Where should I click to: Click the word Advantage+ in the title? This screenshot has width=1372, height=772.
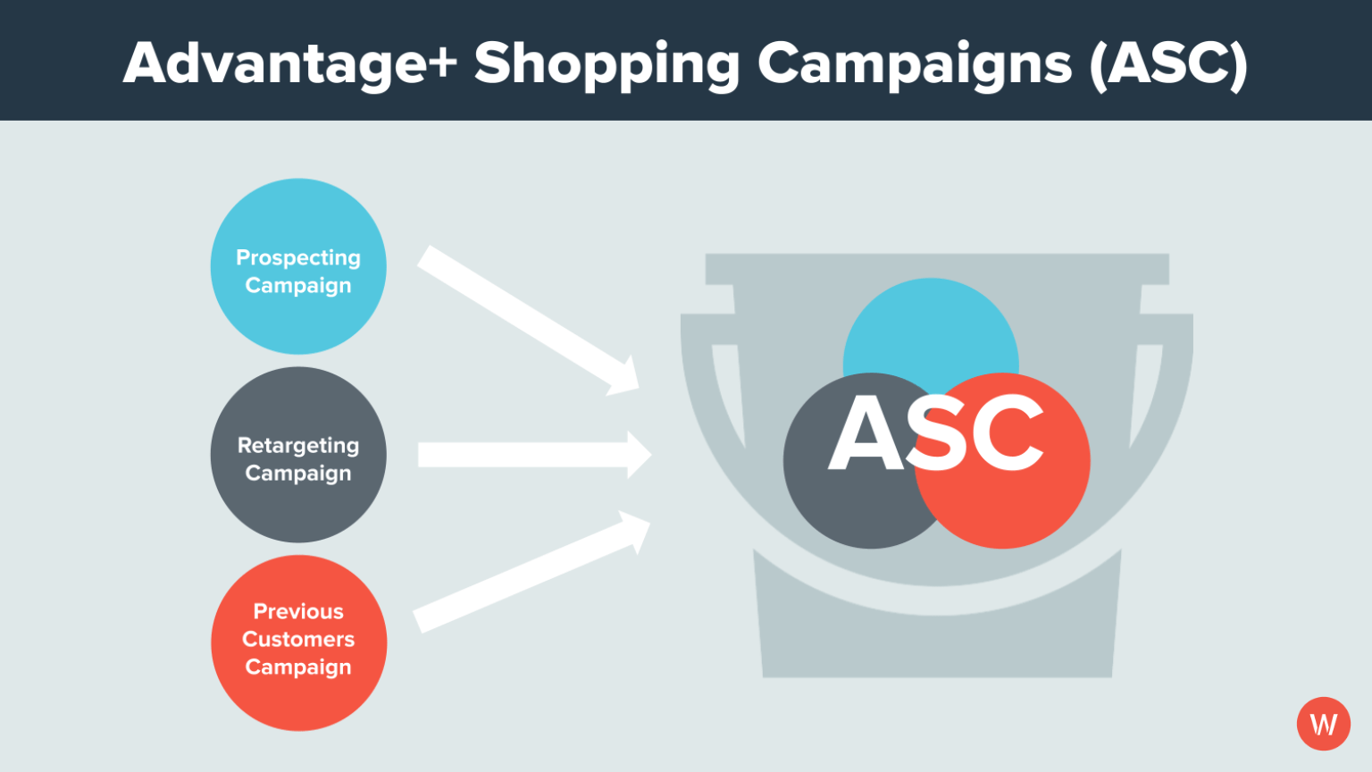point(289,64)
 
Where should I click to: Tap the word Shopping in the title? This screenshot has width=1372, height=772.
point(607,64)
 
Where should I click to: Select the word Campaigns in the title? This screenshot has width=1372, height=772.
point(914,64)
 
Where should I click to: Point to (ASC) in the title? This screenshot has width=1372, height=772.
point(1168,64)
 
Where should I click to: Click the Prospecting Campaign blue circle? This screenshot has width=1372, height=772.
point(298,223)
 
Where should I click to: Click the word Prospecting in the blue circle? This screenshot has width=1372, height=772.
point(298,257)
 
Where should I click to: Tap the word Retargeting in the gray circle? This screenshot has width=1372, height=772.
point(298,445)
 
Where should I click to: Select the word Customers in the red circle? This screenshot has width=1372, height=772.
point(298,639)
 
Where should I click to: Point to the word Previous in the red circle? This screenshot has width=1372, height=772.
point(298,611)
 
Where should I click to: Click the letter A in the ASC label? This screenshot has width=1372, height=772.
point(866,434)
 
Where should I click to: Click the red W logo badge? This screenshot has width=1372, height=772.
point(1323,724)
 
